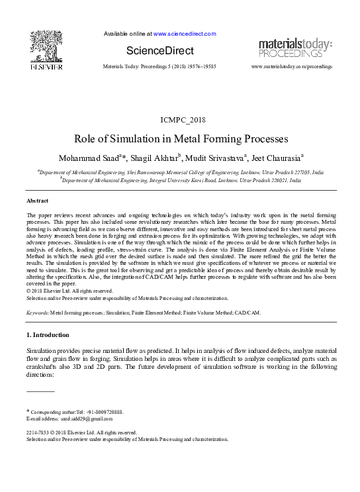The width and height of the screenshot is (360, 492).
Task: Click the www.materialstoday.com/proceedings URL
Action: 292,67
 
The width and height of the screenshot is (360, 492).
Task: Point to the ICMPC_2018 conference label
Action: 179,119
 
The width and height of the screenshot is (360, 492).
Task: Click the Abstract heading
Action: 37,199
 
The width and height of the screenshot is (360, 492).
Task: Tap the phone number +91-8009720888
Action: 100,412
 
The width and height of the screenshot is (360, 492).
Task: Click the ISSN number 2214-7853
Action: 39,432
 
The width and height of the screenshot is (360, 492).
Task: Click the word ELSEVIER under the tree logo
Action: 46,67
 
